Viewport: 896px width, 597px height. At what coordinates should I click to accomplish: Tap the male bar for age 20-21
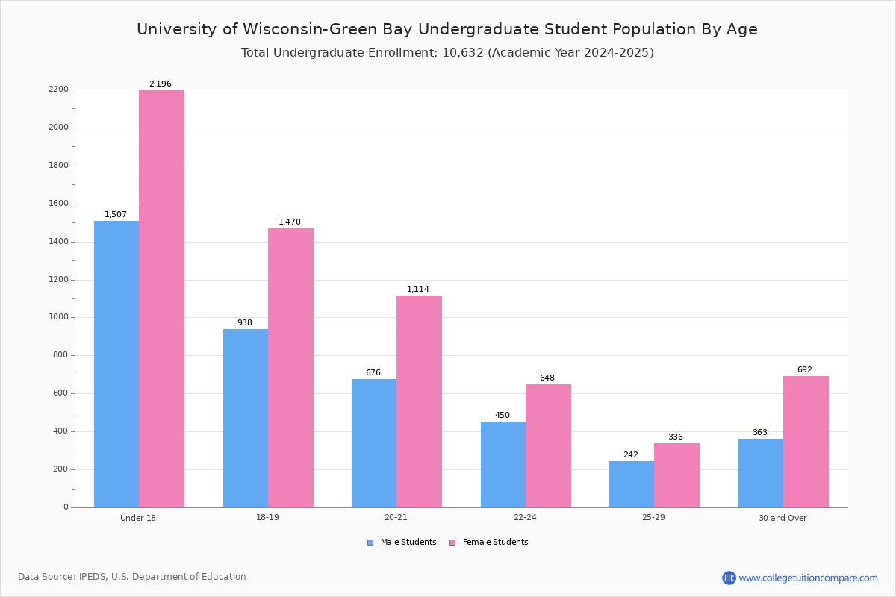point(374,443)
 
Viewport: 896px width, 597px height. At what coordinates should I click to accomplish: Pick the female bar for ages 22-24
point(548,446)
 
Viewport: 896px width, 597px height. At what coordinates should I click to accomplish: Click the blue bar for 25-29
point(632,484)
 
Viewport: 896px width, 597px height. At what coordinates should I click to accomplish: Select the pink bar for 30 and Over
point(806,442)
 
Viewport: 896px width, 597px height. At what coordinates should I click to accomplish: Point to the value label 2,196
point(161,84)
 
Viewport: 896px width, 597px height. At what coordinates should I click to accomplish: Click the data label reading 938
point(245,323)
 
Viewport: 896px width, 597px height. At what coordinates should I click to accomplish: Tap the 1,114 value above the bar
point(418,290)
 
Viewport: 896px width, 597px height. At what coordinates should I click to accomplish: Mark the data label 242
point(631,455)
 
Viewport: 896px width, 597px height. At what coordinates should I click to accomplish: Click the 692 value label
point(805,370)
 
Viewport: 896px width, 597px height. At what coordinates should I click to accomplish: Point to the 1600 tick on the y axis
point(59,204)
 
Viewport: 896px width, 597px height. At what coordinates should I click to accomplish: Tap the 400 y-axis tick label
point(61,431)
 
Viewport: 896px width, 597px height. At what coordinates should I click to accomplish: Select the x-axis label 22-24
point(525,518)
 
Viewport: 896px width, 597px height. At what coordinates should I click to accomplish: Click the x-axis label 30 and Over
point(783,518)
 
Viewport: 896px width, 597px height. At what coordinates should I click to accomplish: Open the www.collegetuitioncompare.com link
point(808,578)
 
